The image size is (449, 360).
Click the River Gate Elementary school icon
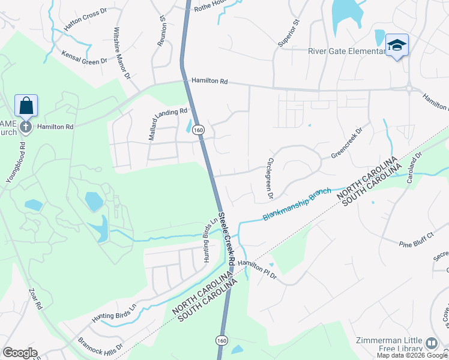pyautogui.click(x=397, y=46)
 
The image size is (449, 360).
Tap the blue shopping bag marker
pyautogui.click(x=26, y=106)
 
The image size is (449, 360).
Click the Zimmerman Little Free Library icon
pyautogui.click(x=432, y=343)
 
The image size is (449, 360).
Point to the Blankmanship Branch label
pyautogui.click(x=297, y=205)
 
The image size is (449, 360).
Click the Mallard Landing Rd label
pyautogui.click(x=169, y=124)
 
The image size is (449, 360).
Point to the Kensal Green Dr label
pyautogui.click(x=84, y=57)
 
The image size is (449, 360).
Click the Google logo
pyautogui.click(x=20, y=353)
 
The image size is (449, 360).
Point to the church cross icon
pyautogui.click(x=25, y=127)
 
